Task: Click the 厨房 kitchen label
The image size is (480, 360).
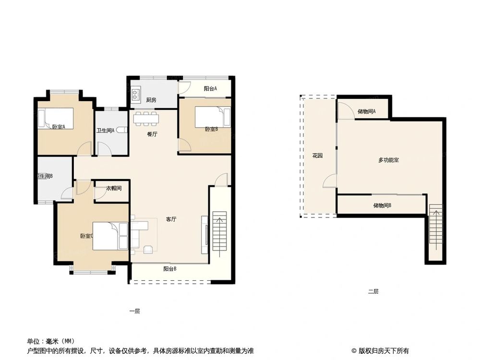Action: pyautogui.click(x=151, y=100)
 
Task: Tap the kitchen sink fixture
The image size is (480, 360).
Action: pyautogui.click(x=136, y=92)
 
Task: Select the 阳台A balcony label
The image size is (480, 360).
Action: pyautogui.click(x=210, y=88)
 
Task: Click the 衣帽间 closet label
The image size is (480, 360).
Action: pyautogui.click(x=114, y=188)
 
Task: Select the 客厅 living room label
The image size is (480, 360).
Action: pyautogui.click(x=171, y=219)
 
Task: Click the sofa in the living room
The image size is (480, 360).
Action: pyautogui.click(x=135, y=235)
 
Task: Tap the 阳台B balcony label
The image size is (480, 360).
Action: pyautogui.click(x=169, y=269)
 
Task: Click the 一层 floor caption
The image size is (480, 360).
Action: pyautogui.click(x=134, y=311)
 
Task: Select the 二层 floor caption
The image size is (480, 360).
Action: pyautogui.click(x=373, y=291)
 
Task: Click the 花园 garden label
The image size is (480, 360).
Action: pyautogui.click(x=317, y=156)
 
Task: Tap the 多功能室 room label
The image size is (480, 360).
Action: pyautogui.click(x=388, y=160)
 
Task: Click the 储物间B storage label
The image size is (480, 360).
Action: pyautogui.click(x=382, y=205)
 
